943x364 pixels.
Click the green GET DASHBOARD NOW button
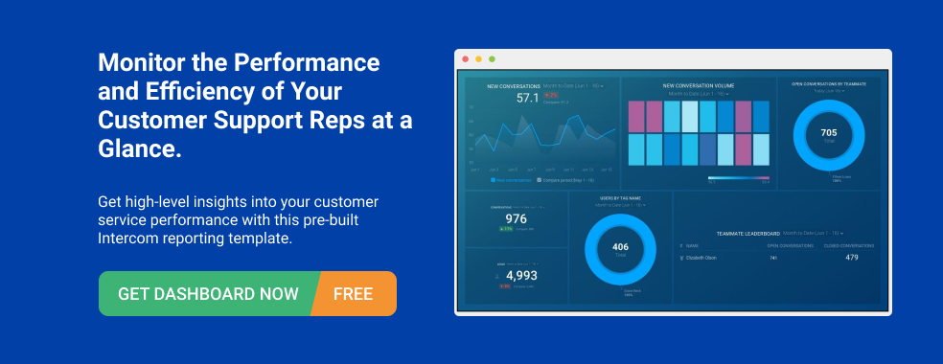pos(207,293)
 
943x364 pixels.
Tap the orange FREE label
pos(353,293)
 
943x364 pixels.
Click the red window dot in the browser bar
pos(466,58)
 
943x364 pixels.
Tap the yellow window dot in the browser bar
pos(478,58)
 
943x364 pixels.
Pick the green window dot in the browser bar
pos(492,58)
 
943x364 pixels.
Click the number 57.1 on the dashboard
pos(528,98)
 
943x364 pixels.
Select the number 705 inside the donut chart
pos(829,132)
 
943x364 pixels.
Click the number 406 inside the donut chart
pos(620,246)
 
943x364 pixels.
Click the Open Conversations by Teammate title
pos(829,84)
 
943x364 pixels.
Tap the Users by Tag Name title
pos(620,198)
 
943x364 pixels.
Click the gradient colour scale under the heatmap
pos(738,178)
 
